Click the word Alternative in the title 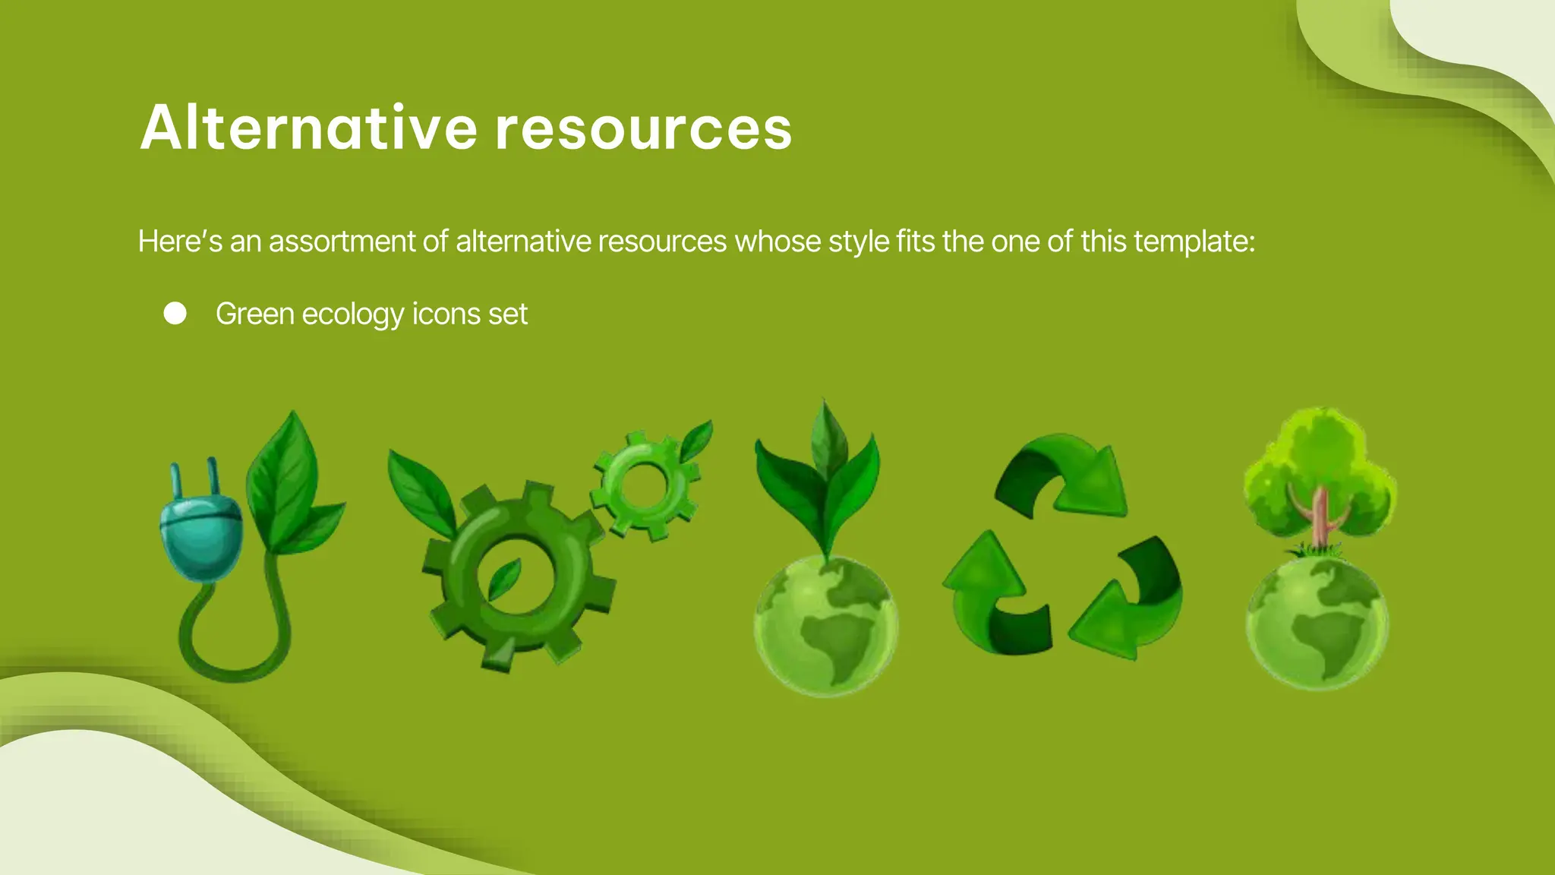[308, 128]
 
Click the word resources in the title [644, 128]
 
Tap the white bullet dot [175, 314]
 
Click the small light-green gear [645, 483]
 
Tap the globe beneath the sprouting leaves [826, 627]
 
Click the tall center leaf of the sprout [825, 441]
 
